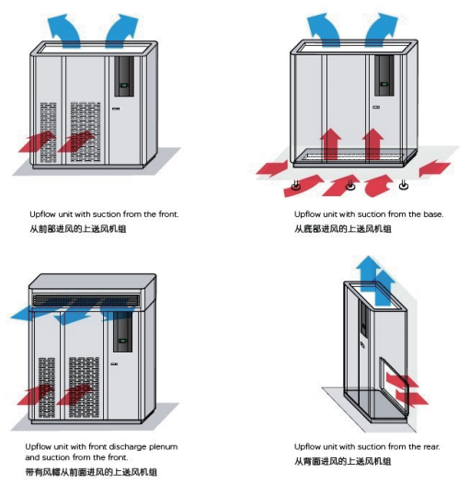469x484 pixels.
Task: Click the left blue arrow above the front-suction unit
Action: coord(63,31)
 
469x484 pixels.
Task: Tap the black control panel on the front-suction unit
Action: coord(124,76)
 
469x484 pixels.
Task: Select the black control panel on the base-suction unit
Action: coord(384,75)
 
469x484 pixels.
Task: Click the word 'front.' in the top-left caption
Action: coord(168,213)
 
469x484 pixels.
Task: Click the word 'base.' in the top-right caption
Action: coord(433,213)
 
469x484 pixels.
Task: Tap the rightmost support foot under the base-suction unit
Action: coord(404,185)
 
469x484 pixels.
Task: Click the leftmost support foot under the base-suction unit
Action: coord(296,186)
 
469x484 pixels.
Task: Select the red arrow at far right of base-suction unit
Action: coord(435,167)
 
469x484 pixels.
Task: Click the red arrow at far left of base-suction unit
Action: coord(272,168)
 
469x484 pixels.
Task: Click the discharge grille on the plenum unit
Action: coord(86,300)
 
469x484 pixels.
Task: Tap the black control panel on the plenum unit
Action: coord(122,332)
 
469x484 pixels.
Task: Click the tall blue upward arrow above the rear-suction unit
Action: coord(368,275)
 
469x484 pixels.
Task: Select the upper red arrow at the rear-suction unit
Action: coord(402,380)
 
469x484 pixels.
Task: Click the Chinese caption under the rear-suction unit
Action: coord(343,462)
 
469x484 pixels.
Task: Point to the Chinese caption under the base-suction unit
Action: coord(343,229)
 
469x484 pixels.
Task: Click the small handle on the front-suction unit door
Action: coord(115,109)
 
